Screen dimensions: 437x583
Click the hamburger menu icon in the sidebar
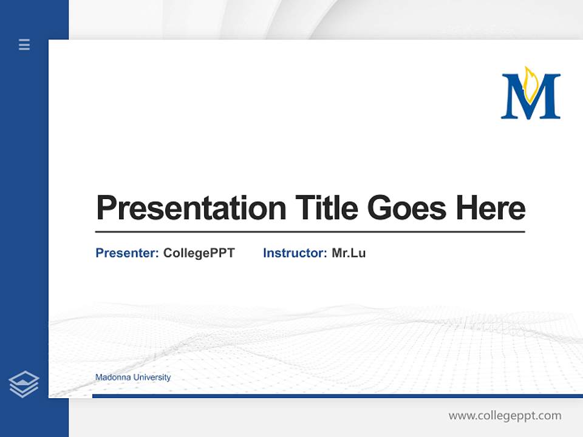24,44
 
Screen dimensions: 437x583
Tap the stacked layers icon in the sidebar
24,384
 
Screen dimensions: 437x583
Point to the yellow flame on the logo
531,83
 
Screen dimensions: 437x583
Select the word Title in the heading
327,208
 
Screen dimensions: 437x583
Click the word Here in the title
491,208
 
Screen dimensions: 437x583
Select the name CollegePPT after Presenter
199,253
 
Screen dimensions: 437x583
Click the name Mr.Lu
349,253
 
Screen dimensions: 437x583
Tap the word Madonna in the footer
113,378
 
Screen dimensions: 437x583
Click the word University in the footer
152,378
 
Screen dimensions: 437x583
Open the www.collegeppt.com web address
505,416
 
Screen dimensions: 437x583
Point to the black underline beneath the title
310,231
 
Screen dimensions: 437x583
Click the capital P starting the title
107,208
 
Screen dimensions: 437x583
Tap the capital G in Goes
381,208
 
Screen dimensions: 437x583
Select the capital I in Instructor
265,253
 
